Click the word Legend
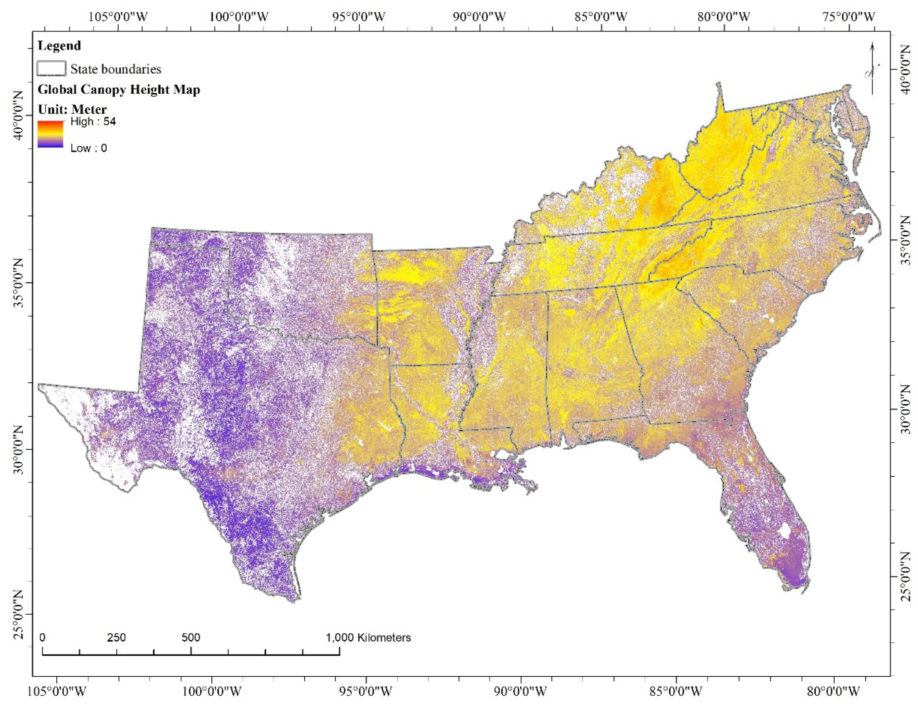point(59,45)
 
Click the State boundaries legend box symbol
point(51,68)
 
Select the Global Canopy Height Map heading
point(119,90)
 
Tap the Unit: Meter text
point(72,109)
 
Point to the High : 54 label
point(93,122)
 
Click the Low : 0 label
point(89,148)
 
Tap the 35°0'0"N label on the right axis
point(908,240)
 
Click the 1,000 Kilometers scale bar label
point(368,638)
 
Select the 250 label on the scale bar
point(116,638)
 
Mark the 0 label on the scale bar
point(42,638)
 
